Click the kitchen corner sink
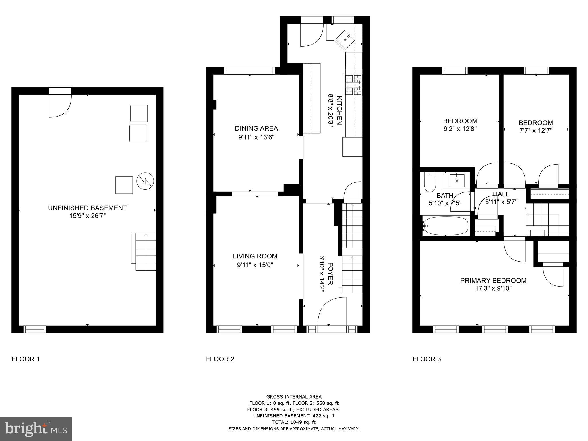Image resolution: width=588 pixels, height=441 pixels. pos(345,39)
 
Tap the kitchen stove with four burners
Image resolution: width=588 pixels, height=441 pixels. pos(353,85)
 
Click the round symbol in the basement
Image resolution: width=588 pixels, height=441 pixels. pos(145,181)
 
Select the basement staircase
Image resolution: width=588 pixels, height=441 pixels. pos(144,252)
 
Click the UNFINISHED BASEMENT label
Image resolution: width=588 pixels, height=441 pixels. pos(87,208)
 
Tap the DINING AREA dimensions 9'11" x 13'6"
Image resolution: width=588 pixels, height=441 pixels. pos(256,137)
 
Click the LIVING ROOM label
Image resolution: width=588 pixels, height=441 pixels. pos(255,256)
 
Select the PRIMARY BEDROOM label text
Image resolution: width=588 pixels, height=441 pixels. pos(493,281)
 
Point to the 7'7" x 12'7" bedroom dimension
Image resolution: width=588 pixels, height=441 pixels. pos(536,131)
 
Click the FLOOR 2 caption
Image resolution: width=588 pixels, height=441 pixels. pos(220,359)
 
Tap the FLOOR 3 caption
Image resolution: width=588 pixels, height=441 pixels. pos(427,359)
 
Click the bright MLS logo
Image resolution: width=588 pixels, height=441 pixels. pos(36,429)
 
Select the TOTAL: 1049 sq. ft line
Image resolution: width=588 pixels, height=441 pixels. pos(294,422)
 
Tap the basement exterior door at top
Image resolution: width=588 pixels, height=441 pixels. pos(60,103)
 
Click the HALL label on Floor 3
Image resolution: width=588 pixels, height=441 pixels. pos(501,194)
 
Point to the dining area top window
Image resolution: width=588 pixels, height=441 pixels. pos(249,71)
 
